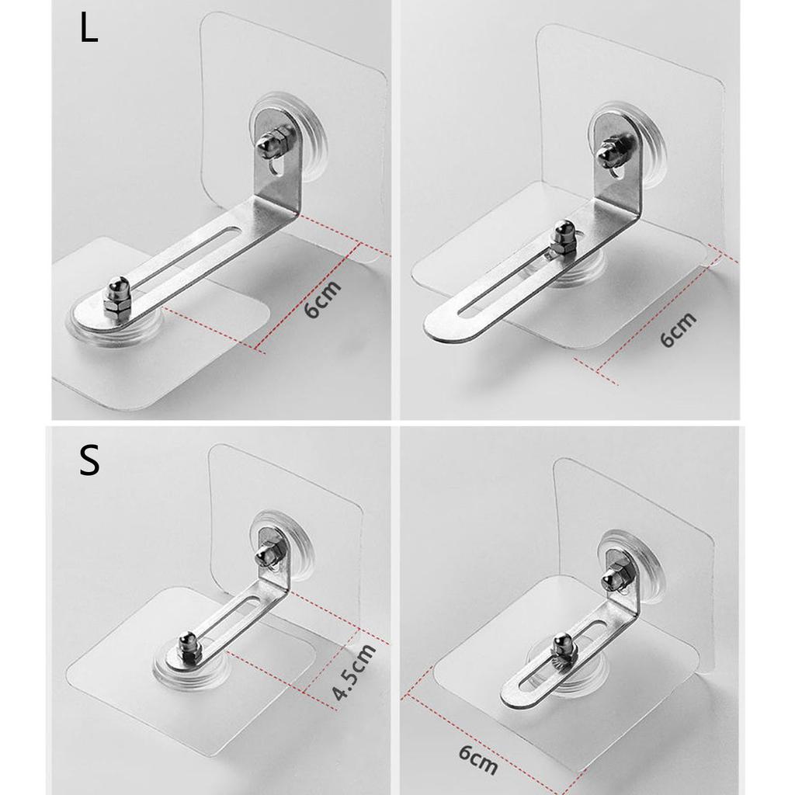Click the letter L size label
[89, 30]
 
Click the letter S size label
[89, 460]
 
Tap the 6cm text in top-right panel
[677, 329]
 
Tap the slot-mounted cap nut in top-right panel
[563, 240]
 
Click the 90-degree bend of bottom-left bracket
[281, 581]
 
